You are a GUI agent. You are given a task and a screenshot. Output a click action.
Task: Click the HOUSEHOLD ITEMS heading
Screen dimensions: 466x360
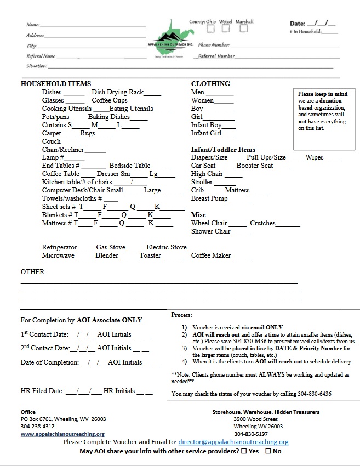click(x=56, y=84)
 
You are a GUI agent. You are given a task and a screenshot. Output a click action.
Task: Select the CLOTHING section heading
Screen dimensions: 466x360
click(x=210, y=84)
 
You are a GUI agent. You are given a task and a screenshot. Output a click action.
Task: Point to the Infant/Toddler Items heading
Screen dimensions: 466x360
click(x=223, y=150)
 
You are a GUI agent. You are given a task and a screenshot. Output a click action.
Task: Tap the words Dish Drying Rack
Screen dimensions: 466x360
click(x=117, y=92)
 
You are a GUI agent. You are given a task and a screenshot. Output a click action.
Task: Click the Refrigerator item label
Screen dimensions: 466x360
click(x=59, y=247)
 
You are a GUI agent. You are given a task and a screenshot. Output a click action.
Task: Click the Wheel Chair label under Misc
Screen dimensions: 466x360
click(x=209, y=223)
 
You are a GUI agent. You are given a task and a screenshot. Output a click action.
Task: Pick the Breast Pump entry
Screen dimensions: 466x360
click(x=209, y=198)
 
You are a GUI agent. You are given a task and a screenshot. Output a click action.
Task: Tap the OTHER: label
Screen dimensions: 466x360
click(x=33, y=272)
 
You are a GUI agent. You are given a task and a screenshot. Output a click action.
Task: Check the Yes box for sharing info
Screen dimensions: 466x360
click(x=244, y=451)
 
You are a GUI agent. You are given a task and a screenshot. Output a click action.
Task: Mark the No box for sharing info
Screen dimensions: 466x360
click(x=268, y=451)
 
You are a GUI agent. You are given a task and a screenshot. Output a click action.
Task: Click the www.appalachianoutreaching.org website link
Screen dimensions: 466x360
click(x=62, y=434)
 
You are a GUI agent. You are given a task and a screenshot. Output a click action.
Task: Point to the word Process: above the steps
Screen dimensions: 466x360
click(x=182, y=315)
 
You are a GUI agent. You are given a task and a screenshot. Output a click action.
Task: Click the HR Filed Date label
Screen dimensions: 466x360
click(x=42, y=391)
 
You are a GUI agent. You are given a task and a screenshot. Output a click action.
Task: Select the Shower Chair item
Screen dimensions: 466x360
click(x=210, y=231)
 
